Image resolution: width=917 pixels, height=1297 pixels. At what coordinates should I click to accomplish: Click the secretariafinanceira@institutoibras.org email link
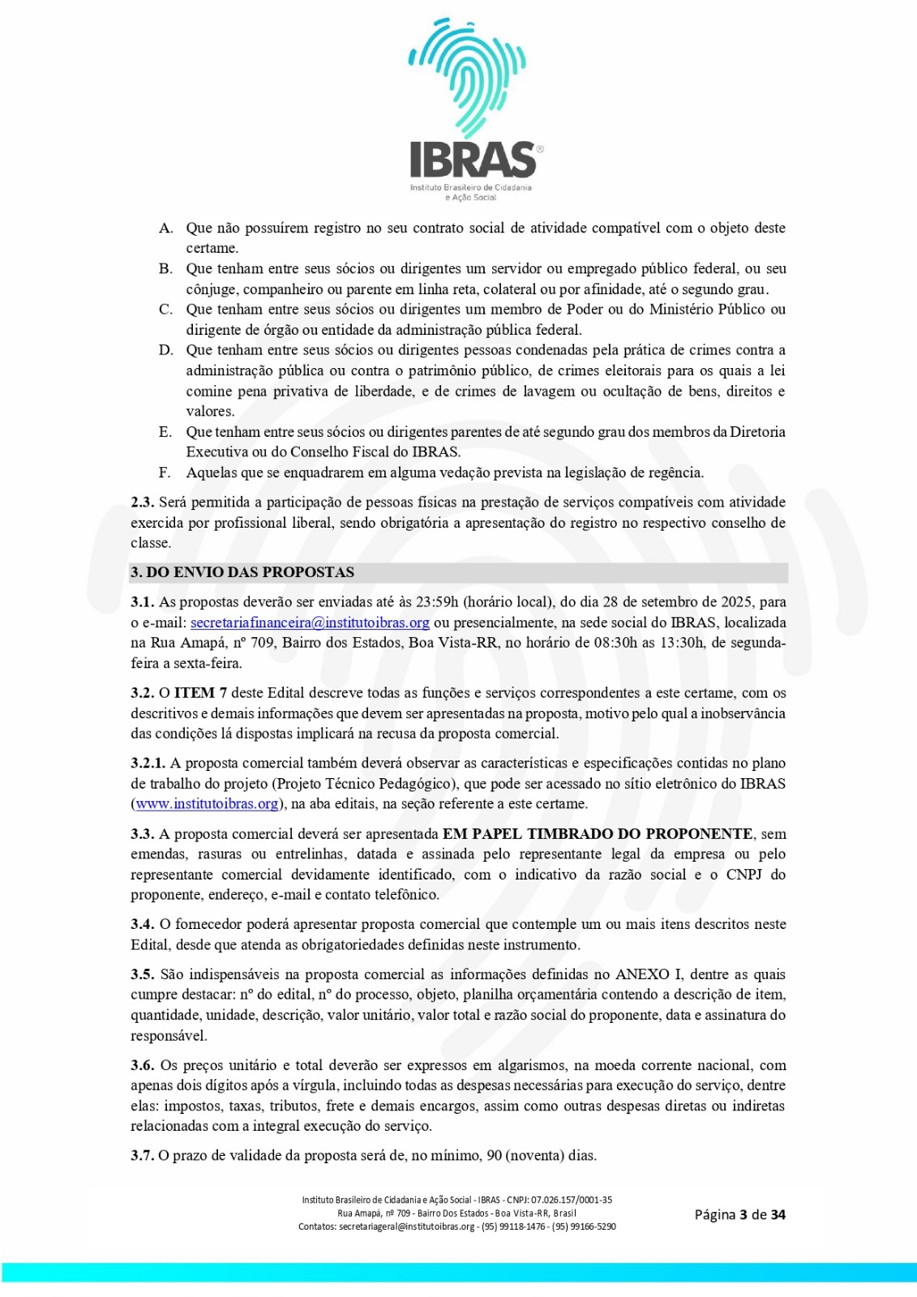coord(310,623)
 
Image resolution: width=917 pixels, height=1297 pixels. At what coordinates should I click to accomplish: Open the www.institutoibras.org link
coord(208,803)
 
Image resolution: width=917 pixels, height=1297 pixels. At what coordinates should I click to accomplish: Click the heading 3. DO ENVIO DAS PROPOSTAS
coord(242,572)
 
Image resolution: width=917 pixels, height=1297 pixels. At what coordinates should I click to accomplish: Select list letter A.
coord(165,228)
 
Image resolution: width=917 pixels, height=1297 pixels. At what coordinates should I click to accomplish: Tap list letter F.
coord(165,473)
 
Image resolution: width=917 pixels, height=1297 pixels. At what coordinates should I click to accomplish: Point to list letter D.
coord(165,350)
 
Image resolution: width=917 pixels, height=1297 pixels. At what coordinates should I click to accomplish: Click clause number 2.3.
coord(142,503)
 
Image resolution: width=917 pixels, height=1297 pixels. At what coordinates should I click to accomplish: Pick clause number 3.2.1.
coord(148,763)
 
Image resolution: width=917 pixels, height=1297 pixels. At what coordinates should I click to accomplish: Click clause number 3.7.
coord(142,1155)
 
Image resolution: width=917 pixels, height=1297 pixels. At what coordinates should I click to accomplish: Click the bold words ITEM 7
coord(200,693)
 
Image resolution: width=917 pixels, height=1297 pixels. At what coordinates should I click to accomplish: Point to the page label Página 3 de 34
coord(739,1214)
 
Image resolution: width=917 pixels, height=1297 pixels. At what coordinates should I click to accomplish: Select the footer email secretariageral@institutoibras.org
coord(407,1226)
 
